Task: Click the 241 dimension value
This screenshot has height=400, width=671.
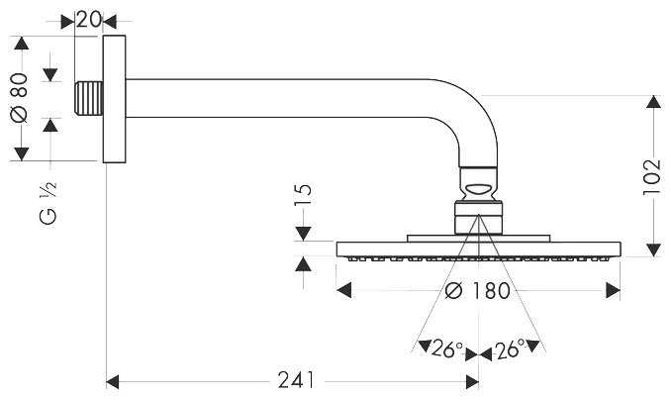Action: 296,380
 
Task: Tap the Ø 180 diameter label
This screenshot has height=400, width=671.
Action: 478,291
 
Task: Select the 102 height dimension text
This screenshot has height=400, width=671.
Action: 652,177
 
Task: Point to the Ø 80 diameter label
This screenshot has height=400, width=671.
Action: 20,98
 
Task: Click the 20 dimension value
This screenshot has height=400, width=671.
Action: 89,19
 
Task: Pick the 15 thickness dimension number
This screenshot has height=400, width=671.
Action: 304,195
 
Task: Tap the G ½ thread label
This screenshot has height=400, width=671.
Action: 48,203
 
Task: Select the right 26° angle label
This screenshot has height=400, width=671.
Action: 510,349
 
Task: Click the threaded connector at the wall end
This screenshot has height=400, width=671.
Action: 89,98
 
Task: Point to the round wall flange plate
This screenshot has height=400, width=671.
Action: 114,99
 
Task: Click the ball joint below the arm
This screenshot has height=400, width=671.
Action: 478,184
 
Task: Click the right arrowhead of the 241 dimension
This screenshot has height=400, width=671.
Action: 472,382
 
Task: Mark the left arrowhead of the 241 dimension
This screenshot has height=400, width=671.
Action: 113,382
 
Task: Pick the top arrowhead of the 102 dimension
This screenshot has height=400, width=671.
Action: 653,102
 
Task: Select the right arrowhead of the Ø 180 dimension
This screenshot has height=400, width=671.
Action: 614,290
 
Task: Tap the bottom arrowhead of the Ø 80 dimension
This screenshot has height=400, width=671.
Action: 22,154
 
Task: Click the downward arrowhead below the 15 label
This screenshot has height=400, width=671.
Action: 304,234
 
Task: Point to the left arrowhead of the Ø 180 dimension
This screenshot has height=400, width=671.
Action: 344,290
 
